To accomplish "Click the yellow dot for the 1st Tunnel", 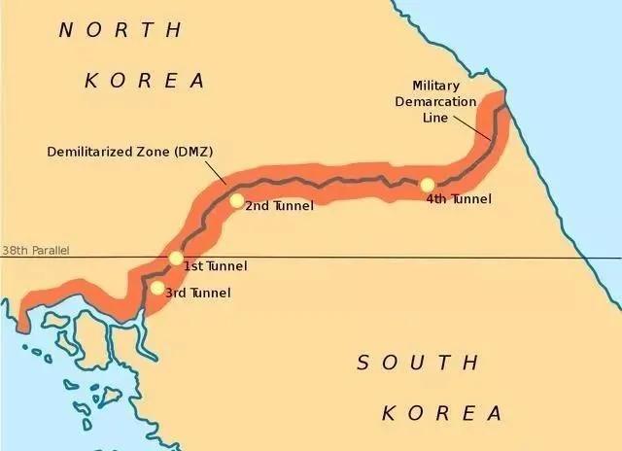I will click(175, 259).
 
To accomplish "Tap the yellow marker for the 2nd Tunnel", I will click(237, 200).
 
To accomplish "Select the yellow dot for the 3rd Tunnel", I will click(157, 288).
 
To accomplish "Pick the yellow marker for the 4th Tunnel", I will click(427, 185).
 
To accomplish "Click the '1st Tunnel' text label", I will click(215, 266).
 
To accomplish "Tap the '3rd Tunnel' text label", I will click(199, 293).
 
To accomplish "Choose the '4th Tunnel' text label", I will click(459, 199).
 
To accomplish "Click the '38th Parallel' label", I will click(35, 251).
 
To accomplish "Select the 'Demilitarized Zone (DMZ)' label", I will click(129, 153).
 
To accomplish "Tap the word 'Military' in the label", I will click(436, 86).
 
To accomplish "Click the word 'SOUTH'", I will click(418, 364).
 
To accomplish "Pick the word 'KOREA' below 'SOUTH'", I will click(442, 413).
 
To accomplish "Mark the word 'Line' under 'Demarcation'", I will click(435, 118).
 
